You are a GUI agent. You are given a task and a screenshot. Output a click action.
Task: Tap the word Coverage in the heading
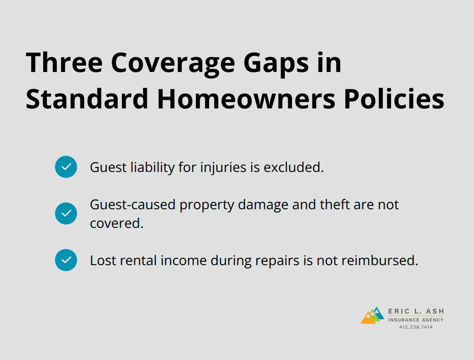pyautogui.click(x=173, y=63)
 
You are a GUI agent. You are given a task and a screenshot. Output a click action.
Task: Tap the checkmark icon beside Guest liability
pyautogui.click(x=66, y=167)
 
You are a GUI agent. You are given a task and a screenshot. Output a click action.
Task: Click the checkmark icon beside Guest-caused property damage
pyautogui.click(x=66, y=213)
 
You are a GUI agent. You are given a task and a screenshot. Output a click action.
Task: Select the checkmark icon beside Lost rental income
pyautogui.click(x=66, y=260)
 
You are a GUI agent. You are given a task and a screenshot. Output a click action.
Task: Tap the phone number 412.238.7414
pyautogui.click(x=416, y=327)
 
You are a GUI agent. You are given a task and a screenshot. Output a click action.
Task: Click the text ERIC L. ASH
pyautogui.click(x=416, y=311)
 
